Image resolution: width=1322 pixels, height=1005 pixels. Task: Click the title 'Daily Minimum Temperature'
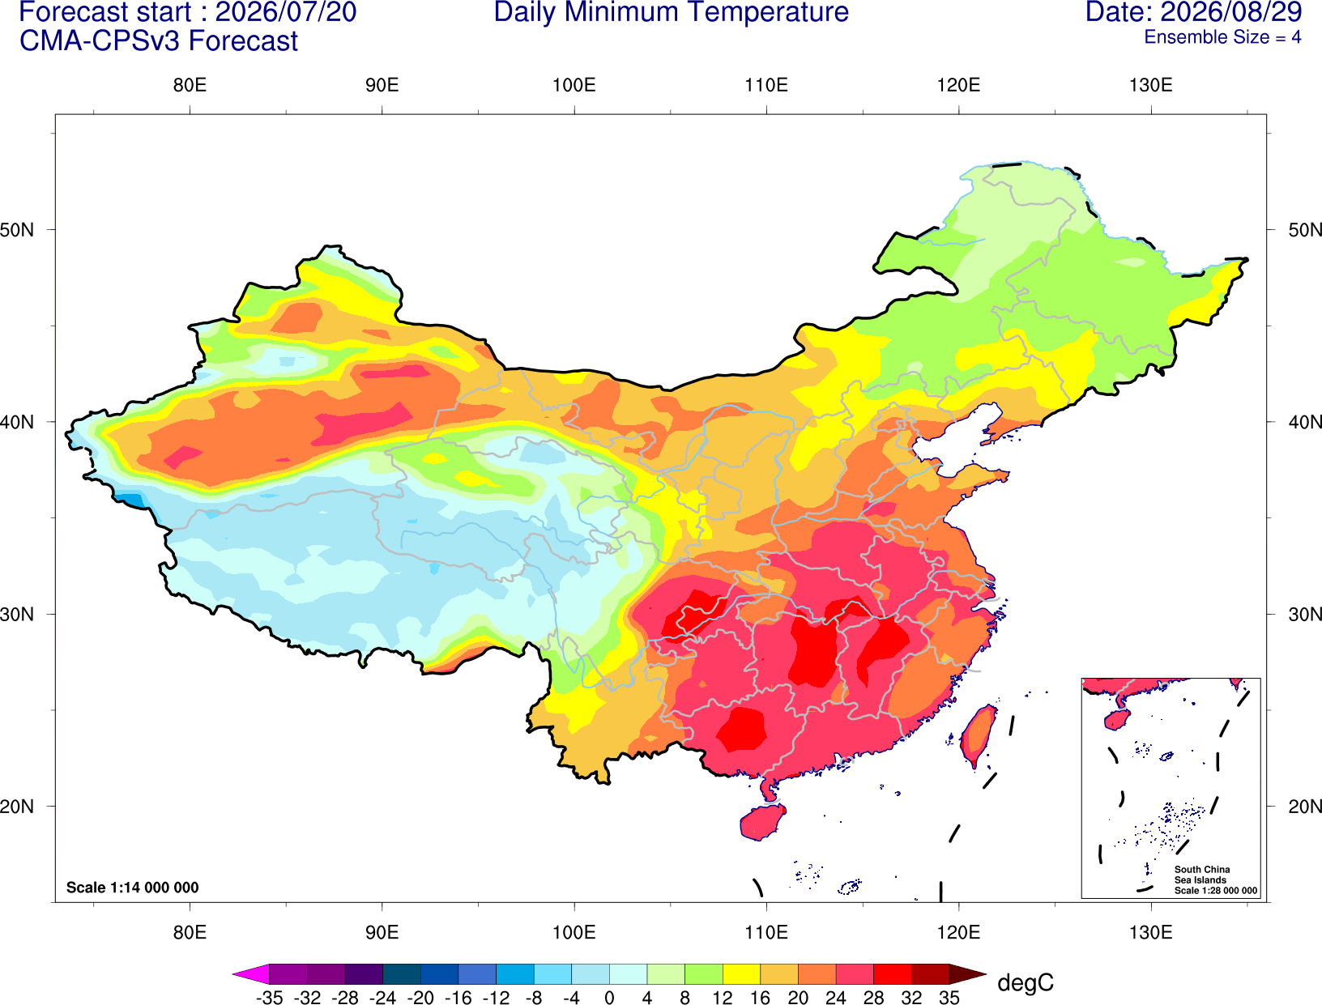tap(671, 11)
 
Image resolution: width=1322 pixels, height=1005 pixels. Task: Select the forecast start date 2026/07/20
tap(285, 11)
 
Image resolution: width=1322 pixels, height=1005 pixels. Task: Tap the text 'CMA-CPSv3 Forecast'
tap(159, 41)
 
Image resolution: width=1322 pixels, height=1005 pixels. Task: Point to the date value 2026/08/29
tap(1231, 11)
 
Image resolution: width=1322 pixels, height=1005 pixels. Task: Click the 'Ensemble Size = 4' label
tap(1222, 37)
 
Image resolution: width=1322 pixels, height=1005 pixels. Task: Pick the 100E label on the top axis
tap(574, 85)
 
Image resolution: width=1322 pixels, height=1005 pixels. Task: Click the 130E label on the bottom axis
tap(1151, 933)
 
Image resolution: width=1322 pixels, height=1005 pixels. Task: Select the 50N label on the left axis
tap(17, 230)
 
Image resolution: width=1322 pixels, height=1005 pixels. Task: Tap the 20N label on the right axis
tap(1305, 807)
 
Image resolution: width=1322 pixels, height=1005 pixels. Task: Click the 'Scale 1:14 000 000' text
tap(133, 887)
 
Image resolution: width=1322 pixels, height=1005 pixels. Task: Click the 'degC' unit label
tap(1026, 983)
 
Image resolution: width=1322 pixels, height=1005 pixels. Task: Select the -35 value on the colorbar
tap(269, 998)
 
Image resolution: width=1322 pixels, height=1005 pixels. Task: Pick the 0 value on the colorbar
tap(609, 998)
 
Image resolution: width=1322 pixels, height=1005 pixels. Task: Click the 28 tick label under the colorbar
tap(873, 998)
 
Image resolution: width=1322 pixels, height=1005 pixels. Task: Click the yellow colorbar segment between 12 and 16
tap(741, 973)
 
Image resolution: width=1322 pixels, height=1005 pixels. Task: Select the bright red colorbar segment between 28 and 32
tap(893, 973)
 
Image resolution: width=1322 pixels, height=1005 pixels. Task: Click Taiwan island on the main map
tap(978, 736)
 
